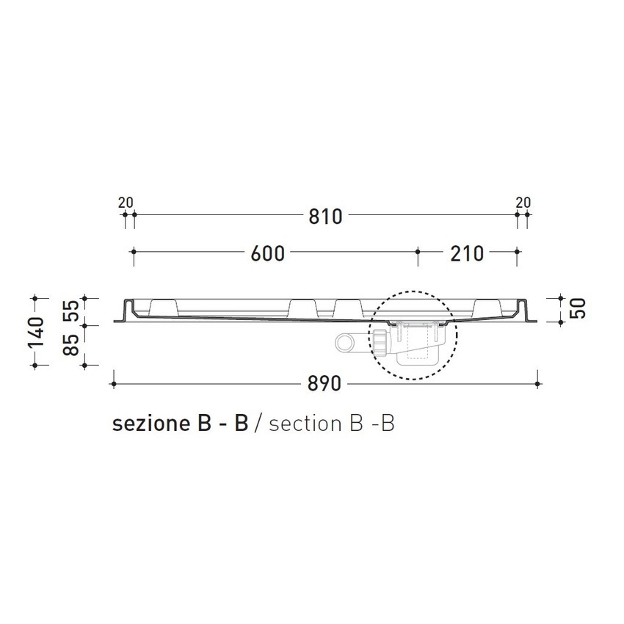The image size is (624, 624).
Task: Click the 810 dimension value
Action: (x=324, y=217)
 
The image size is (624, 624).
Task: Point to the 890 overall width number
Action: (x=324, y=385)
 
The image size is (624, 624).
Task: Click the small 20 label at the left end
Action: (x=126, y=203)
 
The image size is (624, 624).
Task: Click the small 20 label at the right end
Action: (x=523, y=203)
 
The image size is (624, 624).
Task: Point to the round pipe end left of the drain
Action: (x=344, y=342)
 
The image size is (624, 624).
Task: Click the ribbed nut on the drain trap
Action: (x=380, y=342)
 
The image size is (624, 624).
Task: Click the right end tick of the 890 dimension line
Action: (x=539, y=383)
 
